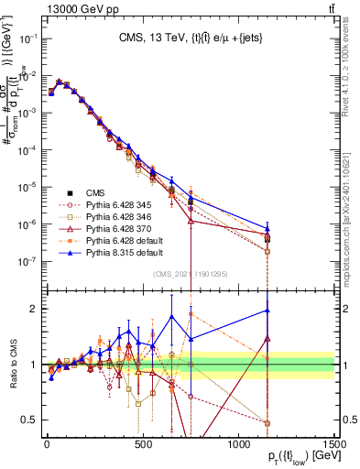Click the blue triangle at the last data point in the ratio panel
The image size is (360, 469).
point(267,311)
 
